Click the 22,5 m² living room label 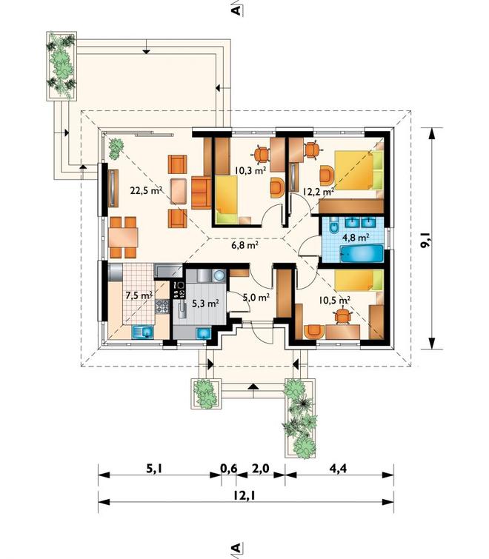146,191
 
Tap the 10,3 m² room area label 250,170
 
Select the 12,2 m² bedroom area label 318,192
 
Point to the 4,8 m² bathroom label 355,236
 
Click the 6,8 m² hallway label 245,245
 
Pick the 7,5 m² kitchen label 139,295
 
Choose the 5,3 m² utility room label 205,304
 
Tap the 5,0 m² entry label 256,297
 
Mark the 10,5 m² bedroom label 334,300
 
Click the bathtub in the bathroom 362,252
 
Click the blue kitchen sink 143,332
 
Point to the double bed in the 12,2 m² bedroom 358,170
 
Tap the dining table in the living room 123,238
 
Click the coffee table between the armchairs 179,191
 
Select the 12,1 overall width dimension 246,495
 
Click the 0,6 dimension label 228,468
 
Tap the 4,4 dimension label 338,468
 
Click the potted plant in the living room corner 116,149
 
